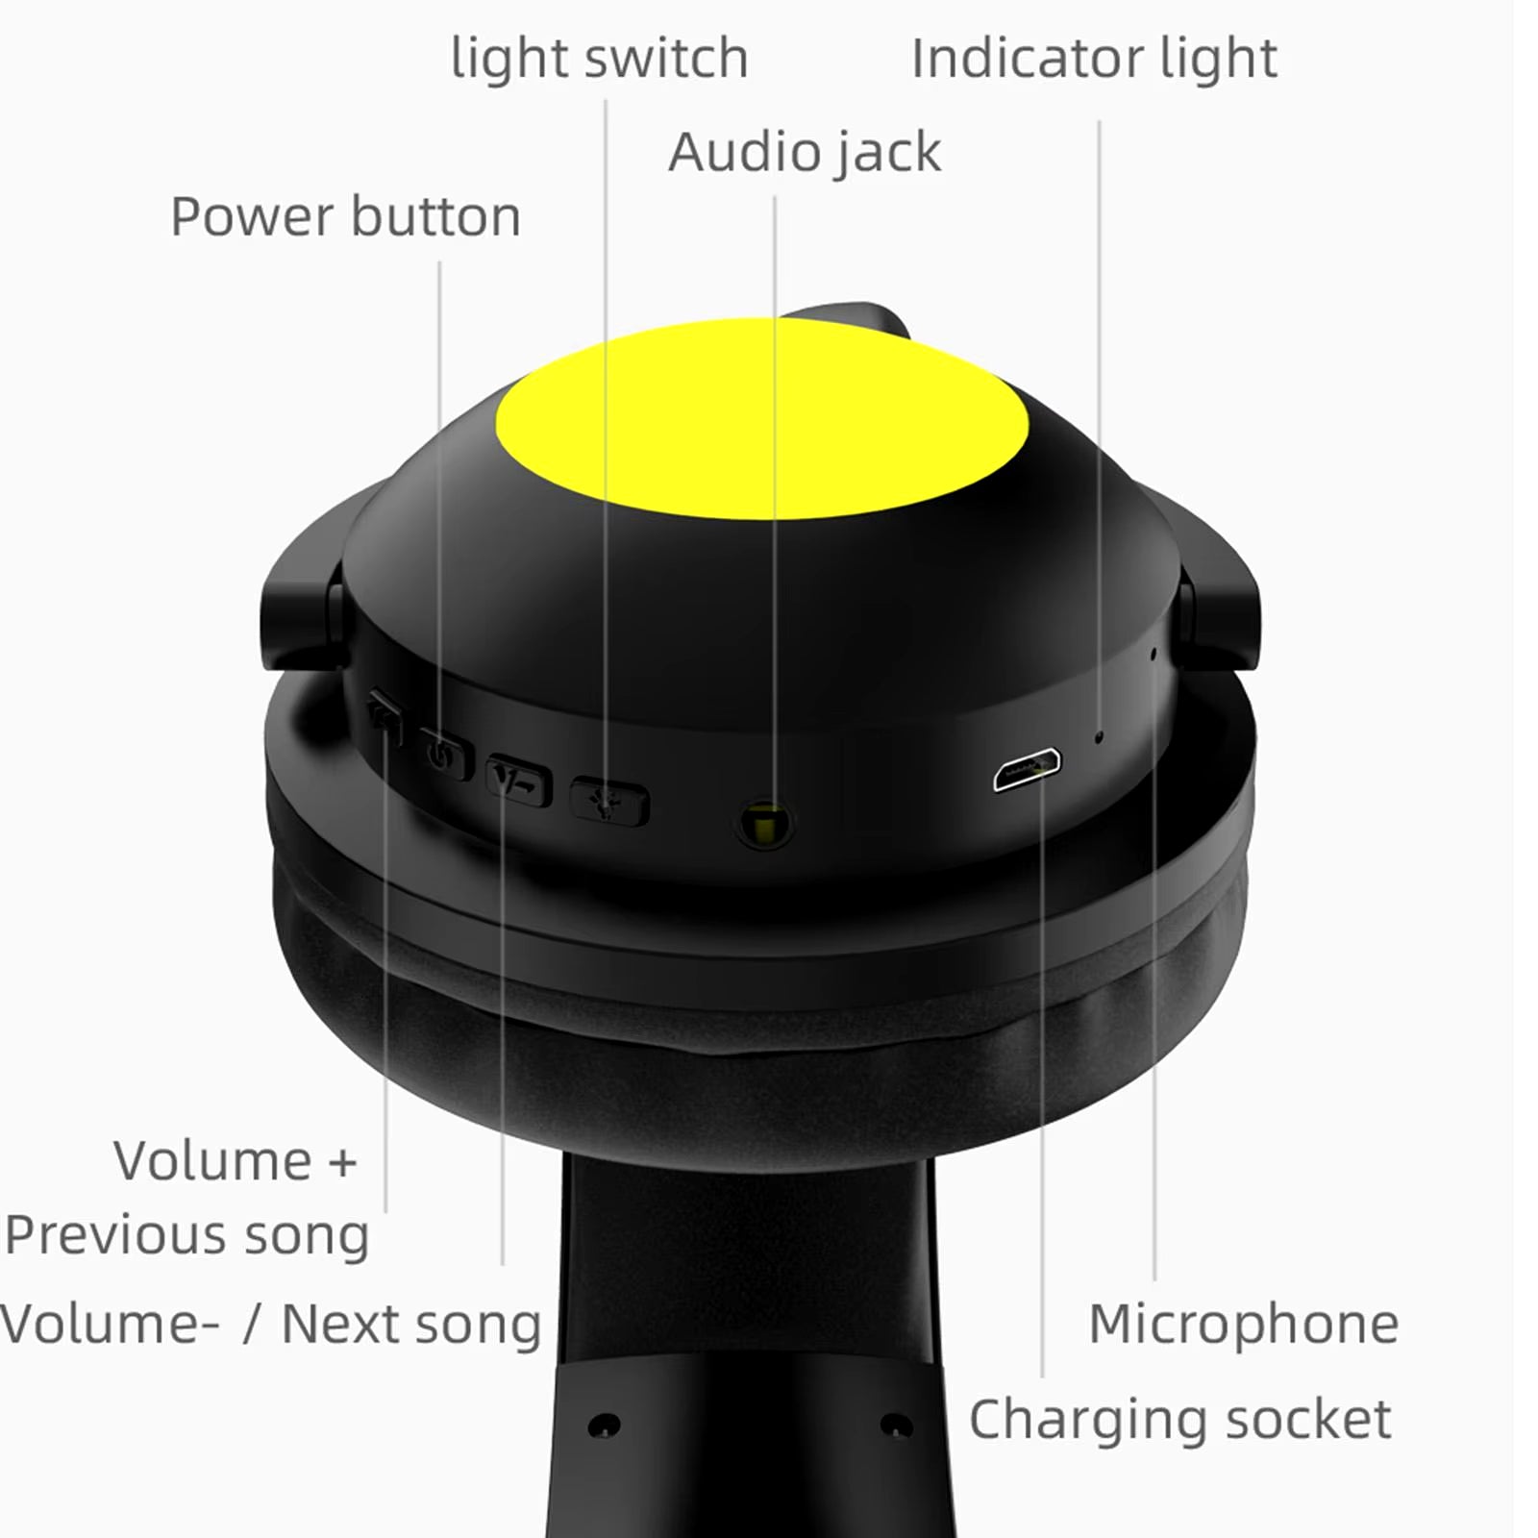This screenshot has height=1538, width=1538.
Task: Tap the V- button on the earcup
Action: (x=519, y=781)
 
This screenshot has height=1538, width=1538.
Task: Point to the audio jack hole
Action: (x=764, y=823)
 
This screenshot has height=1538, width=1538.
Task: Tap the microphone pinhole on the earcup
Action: (x=1153, y=654)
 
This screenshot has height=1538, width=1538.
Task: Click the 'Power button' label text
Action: (x=345, y=216)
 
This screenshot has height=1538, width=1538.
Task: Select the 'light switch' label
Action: (x=599, y=58)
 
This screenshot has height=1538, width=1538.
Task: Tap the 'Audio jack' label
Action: (x=805, y=153)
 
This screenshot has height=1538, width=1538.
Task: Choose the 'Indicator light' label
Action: (x=1094, y=59)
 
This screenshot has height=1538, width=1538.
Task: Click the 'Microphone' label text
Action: (x=1243, y=1324)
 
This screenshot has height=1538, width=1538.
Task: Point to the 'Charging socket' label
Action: (x=1179, y=1419)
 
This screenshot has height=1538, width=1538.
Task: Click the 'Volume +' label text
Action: (x=236, y=1160)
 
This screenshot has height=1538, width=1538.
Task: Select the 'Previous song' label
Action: (x=186, y=1234)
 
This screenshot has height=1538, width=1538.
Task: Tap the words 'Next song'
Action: (x=411, y=1324)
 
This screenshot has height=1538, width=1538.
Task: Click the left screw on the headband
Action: (x=605, y=1424)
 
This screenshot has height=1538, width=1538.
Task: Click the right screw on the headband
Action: (x=898, y=1424)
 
